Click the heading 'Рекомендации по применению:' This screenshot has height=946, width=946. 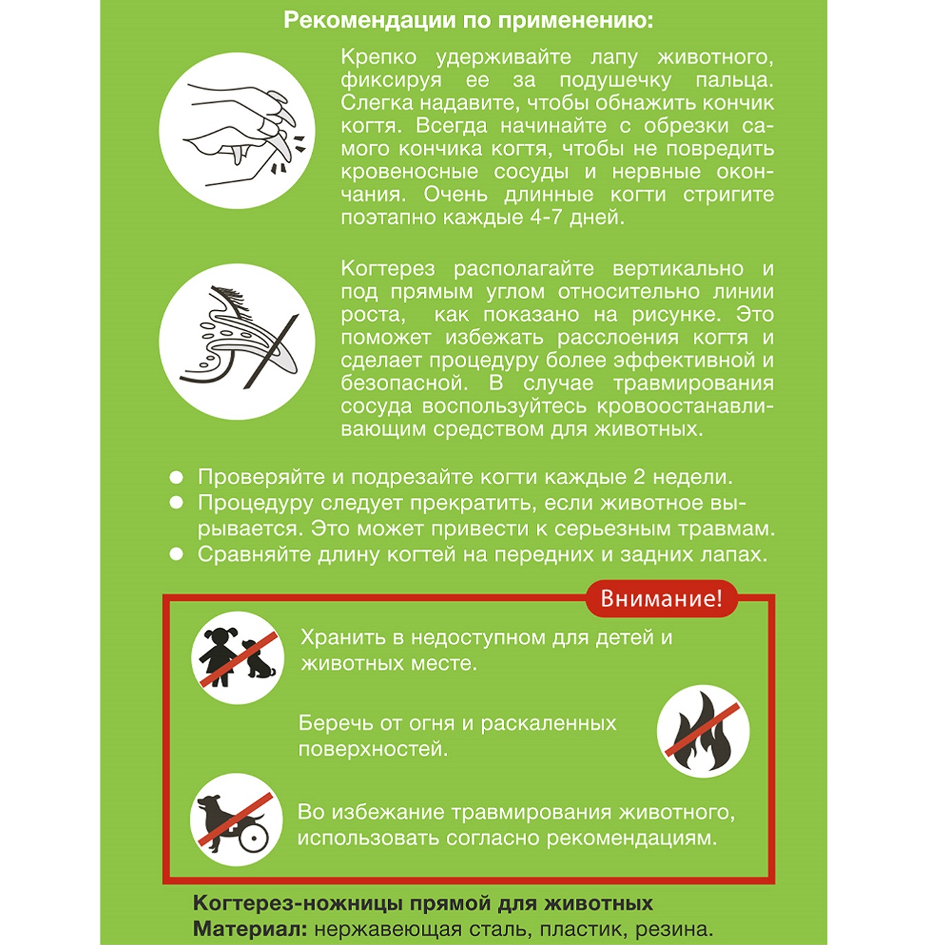pos(468,20)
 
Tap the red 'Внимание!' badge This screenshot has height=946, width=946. pos(661,598)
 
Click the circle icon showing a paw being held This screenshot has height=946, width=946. pos(237,131)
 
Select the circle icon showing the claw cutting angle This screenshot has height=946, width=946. pos(237,341)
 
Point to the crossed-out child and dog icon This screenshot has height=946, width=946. pos(238,657)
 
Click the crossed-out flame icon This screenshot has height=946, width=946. pos(702,731)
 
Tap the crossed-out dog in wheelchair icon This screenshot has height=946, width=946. pos(236,820)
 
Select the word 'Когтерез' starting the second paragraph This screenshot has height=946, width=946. pos(387,268)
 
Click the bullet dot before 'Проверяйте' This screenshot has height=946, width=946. pos(177,477)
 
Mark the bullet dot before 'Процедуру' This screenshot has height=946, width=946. pos(177,503)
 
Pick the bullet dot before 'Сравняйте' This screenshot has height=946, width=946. pos(177,554)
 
